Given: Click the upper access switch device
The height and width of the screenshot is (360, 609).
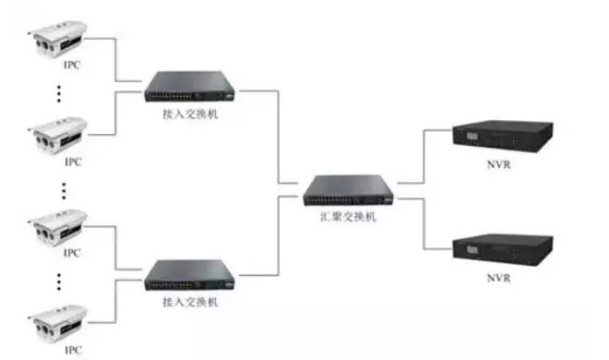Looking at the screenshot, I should [x=190, y=87].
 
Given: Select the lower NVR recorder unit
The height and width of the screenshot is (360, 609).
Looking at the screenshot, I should [x=502, y=246].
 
